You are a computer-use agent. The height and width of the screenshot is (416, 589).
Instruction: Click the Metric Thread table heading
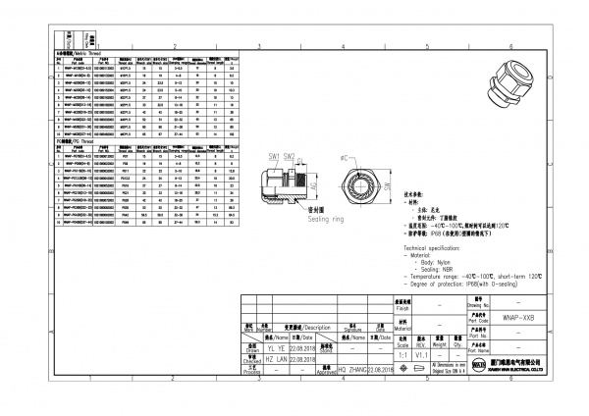(x=76, y=51)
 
